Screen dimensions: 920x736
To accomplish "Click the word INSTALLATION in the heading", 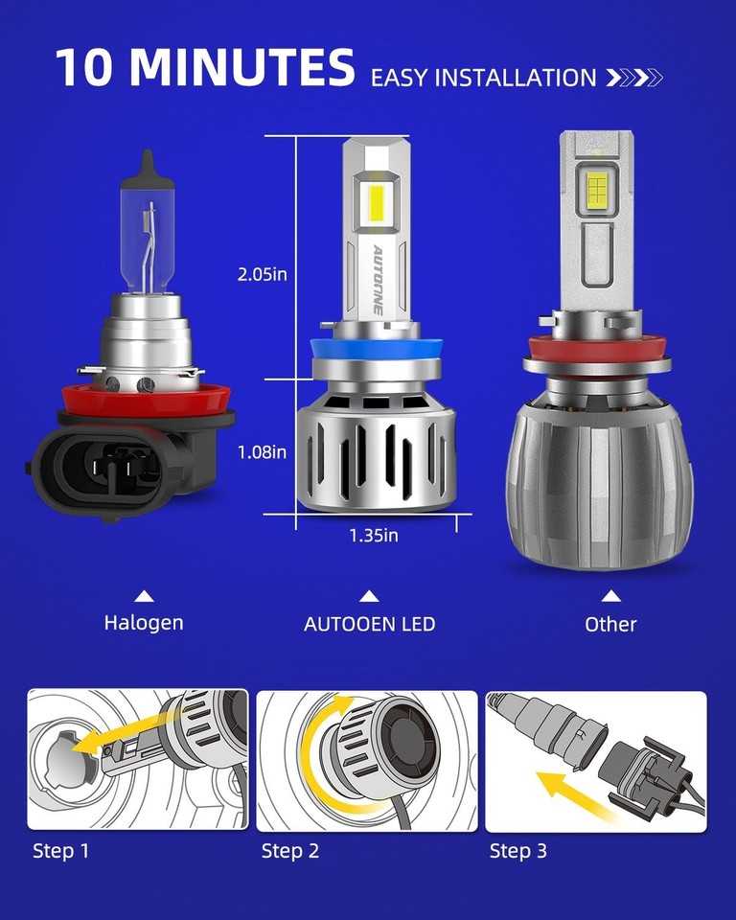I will (x=517, y=78).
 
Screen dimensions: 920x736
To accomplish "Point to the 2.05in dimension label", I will (x=263, y=275).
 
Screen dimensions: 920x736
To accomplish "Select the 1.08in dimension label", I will (x=263, y=451).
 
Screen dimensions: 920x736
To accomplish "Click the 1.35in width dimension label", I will (x=373, y=536).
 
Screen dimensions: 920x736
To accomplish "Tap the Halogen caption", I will (x=144, y=623).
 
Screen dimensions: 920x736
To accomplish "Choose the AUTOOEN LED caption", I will (x=370, y=624).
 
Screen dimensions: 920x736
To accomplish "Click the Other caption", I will (x=610, y=625).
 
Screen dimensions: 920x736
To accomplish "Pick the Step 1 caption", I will (x=60, y=850).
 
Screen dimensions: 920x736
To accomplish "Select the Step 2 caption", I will (x=290, y=850).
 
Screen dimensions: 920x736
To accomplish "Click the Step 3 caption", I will (x=518, y=850).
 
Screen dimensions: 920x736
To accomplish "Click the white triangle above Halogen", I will (x=144, y=596).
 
